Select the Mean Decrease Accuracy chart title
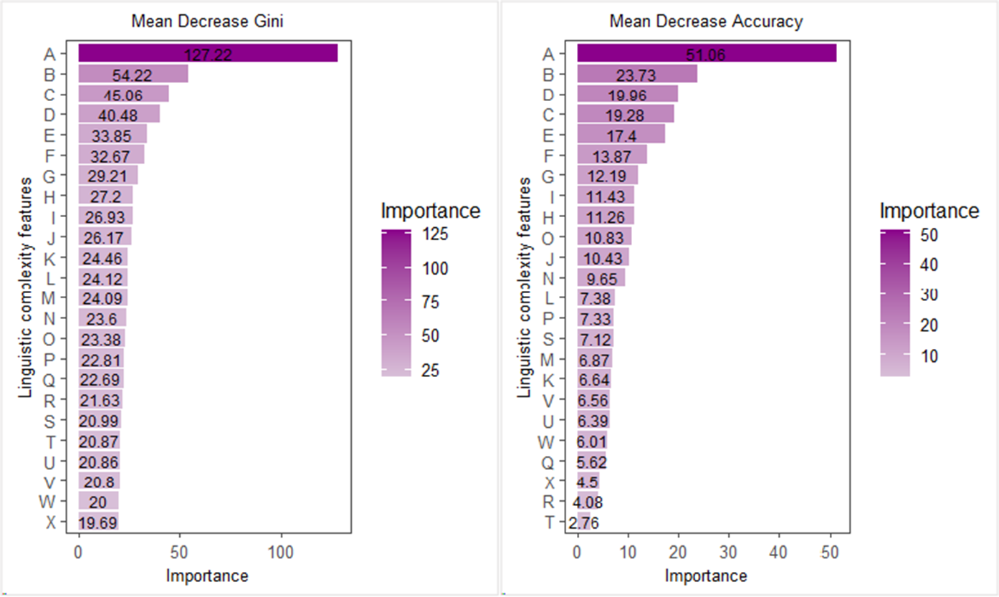coord(706,22)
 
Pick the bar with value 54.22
coord(133,74)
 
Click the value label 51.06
coord(706,54)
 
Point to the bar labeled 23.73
coord(636,74)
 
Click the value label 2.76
coord(583,522)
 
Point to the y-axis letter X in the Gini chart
coord(50,522)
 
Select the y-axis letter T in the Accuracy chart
coord(549,522)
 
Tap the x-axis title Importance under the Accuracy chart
coord(706,575)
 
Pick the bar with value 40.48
coord(119,115)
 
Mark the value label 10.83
coord(605,237)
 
